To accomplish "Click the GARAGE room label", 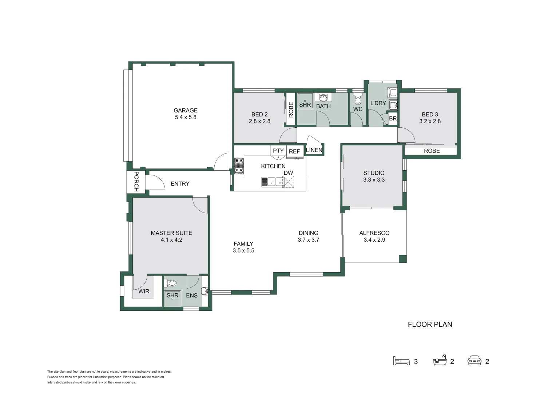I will click(186, 110).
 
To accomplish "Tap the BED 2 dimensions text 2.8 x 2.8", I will click(259, 121).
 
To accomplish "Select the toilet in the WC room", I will click(358, 99).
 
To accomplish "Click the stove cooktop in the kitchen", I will click(239, 166).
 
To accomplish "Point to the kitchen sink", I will click(272, 182).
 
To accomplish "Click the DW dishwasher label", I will click(288, 173).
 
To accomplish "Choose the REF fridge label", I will click(294, 151).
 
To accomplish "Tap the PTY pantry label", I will click(278, 151).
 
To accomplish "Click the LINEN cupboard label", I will click(314, 150).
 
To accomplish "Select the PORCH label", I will click(136, 182).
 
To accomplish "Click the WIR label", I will click(144, 291).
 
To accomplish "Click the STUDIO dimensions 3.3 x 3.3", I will click(374, 180).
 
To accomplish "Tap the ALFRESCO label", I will click(374, 233).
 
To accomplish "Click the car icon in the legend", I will click(474, 361).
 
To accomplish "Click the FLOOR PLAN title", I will click(430, 324).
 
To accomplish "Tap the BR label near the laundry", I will click(393, 119).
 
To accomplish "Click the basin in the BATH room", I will click(323, 98).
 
